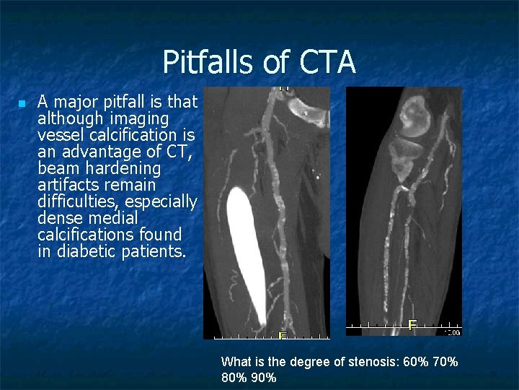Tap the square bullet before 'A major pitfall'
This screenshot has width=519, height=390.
(x=22, y=104)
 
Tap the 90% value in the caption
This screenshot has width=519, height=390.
(x=264, y=378)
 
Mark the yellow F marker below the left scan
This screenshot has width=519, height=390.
(x=283, y=335)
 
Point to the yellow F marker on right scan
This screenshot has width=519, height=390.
(x=412, y=325)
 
